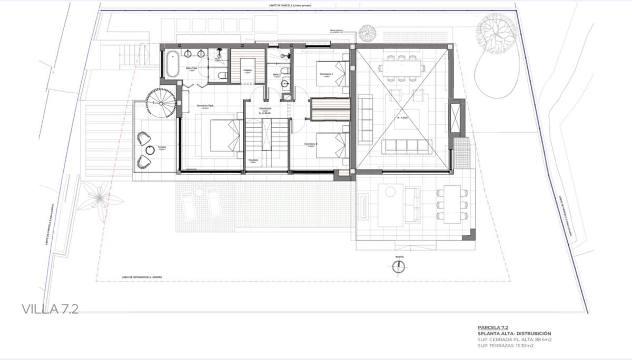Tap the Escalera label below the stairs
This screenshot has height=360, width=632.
coord(253,161)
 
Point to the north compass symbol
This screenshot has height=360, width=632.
coord(399,266)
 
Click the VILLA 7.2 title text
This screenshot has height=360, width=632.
coord(51,308)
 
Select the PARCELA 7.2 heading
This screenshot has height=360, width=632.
coord(493,327)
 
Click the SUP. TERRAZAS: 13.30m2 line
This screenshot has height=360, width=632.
coord(506,345)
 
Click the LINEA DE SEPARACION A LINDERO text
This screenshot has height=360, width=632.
coord(142,277)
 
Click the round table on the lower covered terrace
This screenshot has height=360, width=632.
coord(390,192)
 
